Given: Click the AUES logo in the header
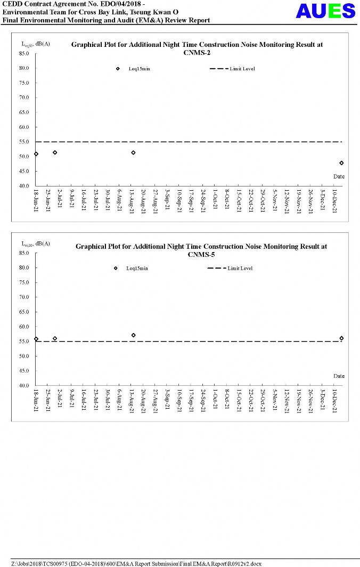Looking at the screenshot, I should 325,11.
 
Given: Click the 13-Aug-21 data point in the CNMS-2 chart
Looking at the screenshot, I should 133,152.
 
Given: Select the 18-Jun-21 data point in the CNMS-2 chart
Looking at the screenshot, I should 36,154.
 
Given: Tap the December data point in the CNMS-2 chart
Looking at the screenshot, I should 341,163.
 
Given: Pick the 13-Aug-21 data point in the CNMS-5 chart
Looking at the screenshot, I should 133,335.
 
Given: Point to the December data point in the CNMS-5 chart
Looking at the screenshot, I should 341,338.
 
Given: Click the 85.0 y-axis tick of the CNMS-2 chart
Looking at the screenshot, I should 24,53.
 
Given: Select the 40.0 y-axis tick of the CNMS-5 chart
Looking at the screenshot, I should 24,385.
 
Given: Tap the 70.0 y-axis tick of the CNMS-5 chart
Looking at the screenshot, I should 24,297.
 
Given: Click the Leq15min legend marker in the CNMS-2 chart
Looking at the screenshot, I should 118,69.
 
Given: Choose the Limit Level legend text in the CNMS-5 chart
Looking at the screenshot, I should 240,268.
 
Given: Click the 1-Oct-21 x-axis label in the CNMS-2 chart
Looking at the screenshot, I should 215,198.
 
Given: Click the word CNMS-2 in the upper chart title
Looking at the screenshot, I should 197,53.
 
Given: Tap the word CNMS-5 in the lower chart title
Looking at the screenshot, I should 201,254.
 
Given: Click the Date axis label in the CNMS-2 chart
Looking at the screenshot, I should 339,176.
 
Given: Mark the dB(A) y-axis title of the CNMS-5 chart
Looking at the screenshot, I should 43,244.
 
